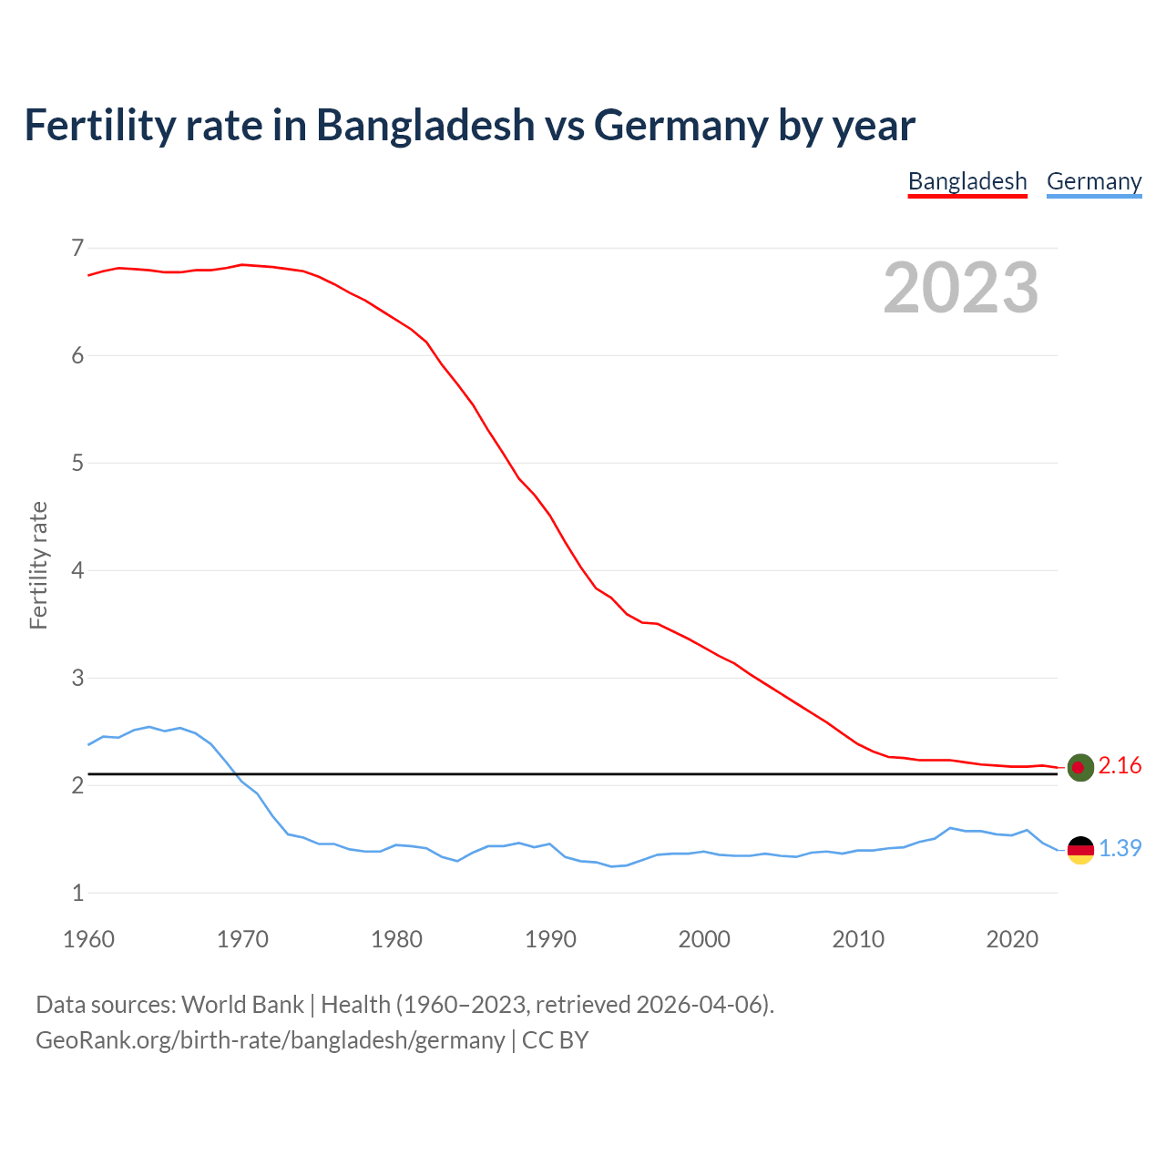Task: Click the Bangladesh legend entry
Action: (967, 181)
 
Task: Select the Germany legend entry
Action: (1094, 181)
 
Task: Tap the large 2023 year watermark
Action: (961, 288)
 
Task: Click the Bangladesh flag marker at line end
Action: (1080, 767)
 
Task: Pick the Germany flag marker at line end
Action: (1080, 849)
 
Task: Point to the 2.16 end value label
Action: (1120, 766)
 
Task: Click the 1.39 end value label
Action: (1120, 848)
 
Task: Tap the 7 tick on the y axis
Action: (77, 248)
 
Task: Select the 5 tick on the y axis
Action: (77, 463)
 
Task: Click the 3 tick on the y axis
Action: (77, 678)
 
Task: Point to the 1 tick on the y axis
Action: (77, 893)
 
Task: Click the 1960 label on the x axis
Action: (88, 939)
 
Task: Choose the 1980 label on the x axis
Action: (396, 939)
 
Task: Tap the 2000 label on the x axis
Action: (704, 939)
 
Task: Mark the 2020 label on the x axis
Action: (1012, 939)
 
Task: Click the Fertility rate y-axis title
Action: (38, 565)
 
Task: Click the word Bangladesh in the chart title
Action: (425, 125)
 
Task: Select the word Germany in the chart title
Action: (680, 125)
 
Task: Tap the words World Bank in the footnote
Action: (242, 1005)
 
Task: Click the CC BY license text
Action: (555, 1040)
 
